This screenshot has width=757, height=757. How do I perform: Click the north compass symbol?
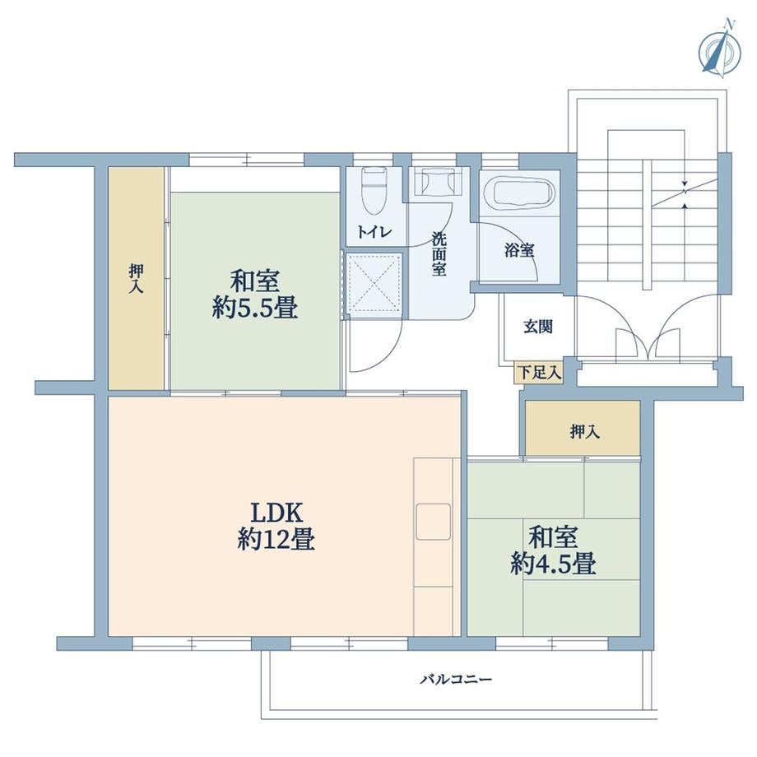(x=720, y=50)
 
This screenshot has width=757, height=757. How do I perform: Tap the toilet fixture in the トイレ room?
(x=374, y=190)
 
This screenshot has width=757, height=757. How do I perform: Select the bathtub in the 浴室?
(x=519, y=193)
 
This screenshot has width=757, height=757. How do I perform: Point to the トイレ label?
(x=374, y=232)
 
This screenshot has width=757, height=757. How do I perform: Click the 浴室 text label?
(x=519, y=251)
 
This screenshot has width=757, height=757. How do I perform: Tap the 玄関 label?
(x=538, y=327)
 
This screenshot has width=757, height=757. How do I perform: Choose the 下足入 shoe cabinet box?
(x=539, y=373)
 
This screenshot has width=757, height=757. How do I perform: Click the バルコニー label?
(x=456, y=680)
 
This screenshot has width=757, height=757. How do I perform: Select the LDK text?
(x=276, y=513)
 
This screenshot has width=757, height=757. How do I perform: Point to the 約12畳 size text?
(x=276, y=539)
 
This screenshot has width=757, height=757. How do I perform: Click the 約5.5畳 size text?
(x=255, y=307)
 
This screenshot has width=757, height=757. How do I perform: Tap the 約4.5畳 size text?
(x=553, y=563)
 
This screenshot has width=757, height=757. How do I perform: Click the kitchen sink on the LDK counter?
(x=434, y=522)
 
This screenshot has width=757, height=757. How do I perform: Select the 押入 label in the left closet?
(x=136, y=279)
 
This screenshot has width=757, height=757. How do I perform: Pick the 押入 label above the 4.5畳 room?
(x=585, y=431)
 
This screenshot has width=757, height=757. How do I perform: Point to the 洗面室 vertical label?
(x=439, y=254)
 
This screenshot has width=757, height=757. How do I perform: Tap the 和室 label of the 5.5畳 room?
(x=255, y=281)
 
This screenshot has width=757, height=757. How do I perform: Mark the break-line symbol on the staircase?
(x=684, y=193)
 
